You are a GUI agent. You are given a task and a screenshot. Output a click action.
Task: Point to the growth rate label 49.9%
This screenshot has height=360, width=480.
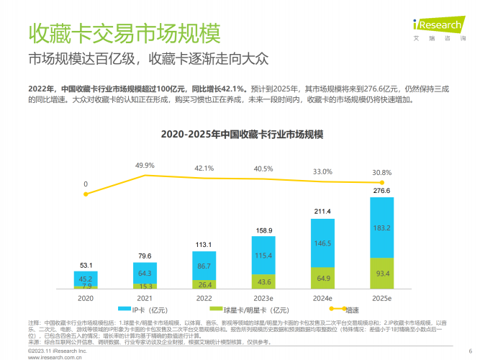point(145,166)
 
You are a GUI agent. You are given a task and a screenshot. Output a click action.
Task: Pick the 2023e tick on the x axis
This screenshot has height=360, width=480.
point(263,297)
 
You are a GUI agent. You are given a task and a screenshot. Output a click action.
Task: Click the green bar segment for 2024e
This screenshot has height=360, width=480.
point(322,277)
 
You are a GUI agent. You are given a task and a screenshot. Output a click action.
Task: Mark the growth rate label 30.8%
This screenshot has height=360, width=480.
point(381,173)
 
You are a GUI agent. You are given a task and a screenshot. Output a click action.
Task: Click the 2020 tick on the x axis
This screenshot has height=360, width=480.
point(86,297)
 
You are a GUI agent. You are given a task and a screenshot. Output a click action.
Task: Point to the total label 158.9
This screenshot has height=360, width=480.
point(263,230)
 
